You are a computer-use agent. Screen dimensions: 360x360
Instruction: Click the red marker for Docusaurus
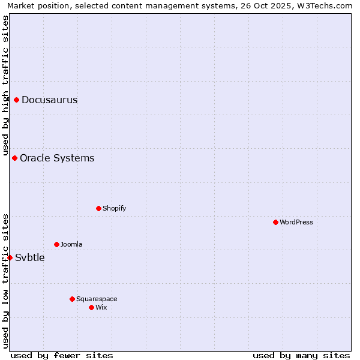click(17, 100)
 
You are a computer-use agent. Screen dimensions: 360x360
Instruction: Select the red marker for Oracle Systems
click(15, 158)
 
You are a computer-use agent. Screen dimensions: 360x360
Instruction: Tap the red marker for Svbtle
click(10, 257)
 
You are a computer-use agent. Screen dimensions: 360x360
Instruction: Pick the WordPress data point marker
click(275, 222)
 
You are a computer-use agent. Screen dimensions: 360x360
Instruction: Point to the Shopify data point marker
click(98, 208)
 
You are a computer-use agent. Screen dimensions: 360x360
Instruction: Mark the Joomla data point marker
click(56, 244)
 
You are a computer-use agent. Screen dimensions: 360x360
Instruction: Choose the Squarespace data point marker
click(72, 299)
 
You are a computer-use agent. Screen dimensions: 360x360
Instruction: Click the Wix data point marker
click(91, 307)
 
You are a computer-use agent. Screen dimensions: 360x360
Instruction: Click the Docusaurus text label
click(49, 100)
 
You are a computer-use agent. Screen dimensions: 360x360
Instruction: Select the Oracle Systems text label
click(57, 158)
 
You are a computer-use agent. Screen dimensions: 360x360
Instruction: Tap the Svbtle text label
click(30, 257)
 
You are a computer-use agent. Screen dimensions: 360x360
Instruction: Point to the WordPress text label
click(296, 222)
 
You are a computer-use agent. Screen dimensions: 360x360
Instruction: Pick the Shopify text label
click(114, 208)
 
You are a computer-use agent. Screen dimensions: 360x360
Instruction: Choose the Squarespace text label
click(97, 299)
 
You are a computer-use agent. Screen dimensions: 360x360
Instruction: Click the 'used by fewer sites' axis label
click(62, 355)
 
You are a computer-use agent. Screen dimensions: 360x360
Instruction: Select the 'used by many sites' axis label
click(301, 355)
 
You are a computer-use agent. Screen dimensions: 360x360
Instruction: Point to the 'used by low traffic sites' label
click(5, 281)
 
